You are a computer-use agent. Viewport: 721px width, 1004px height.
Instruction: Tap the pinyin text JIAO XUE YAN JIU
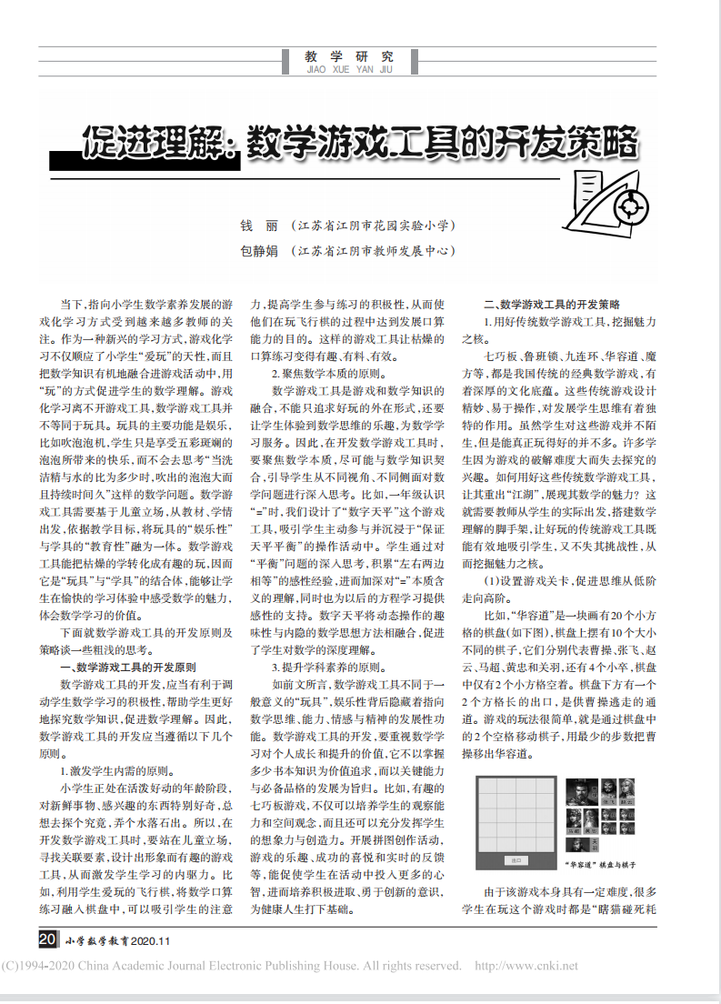pyautogui.click(x=350, y=68)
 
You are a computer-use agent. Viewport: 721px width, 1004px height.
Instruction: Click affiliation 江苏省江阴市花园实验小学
pyautogui.click(x=373, y=224)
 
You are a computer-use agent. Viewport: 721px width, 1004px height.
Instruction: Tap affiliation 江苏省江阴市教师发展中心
pyautogui.click(x=373, y=249)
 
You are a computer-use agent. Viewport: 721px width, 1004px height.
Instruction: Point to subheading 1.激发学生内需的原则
pyautogui.click(x=114, y=767)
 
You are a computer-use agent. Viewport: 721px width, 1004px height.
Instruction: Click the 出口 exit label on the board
pyautogui.click(x=516, y=859)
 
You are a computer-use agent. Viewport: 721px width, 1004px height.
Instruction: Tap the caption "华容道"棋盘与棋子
pyautogui.click(x=599, y=864)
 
